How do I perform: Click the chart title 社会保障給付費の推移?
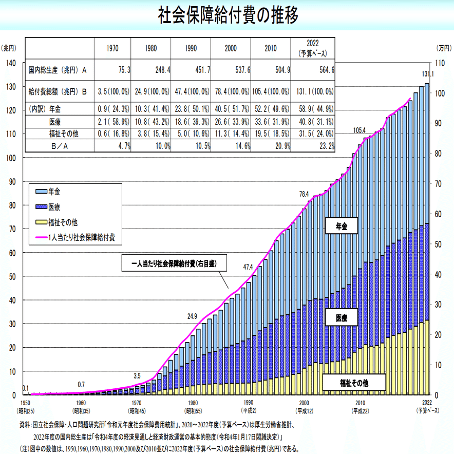click(x=227, y=15)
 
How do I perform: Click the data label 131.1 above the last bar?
click(x=428, y=74)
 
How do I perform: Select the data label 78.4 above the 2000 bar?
click(x=304, y=194)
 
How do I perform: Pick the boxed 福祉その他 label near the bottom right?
click(x=354, y=383)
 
